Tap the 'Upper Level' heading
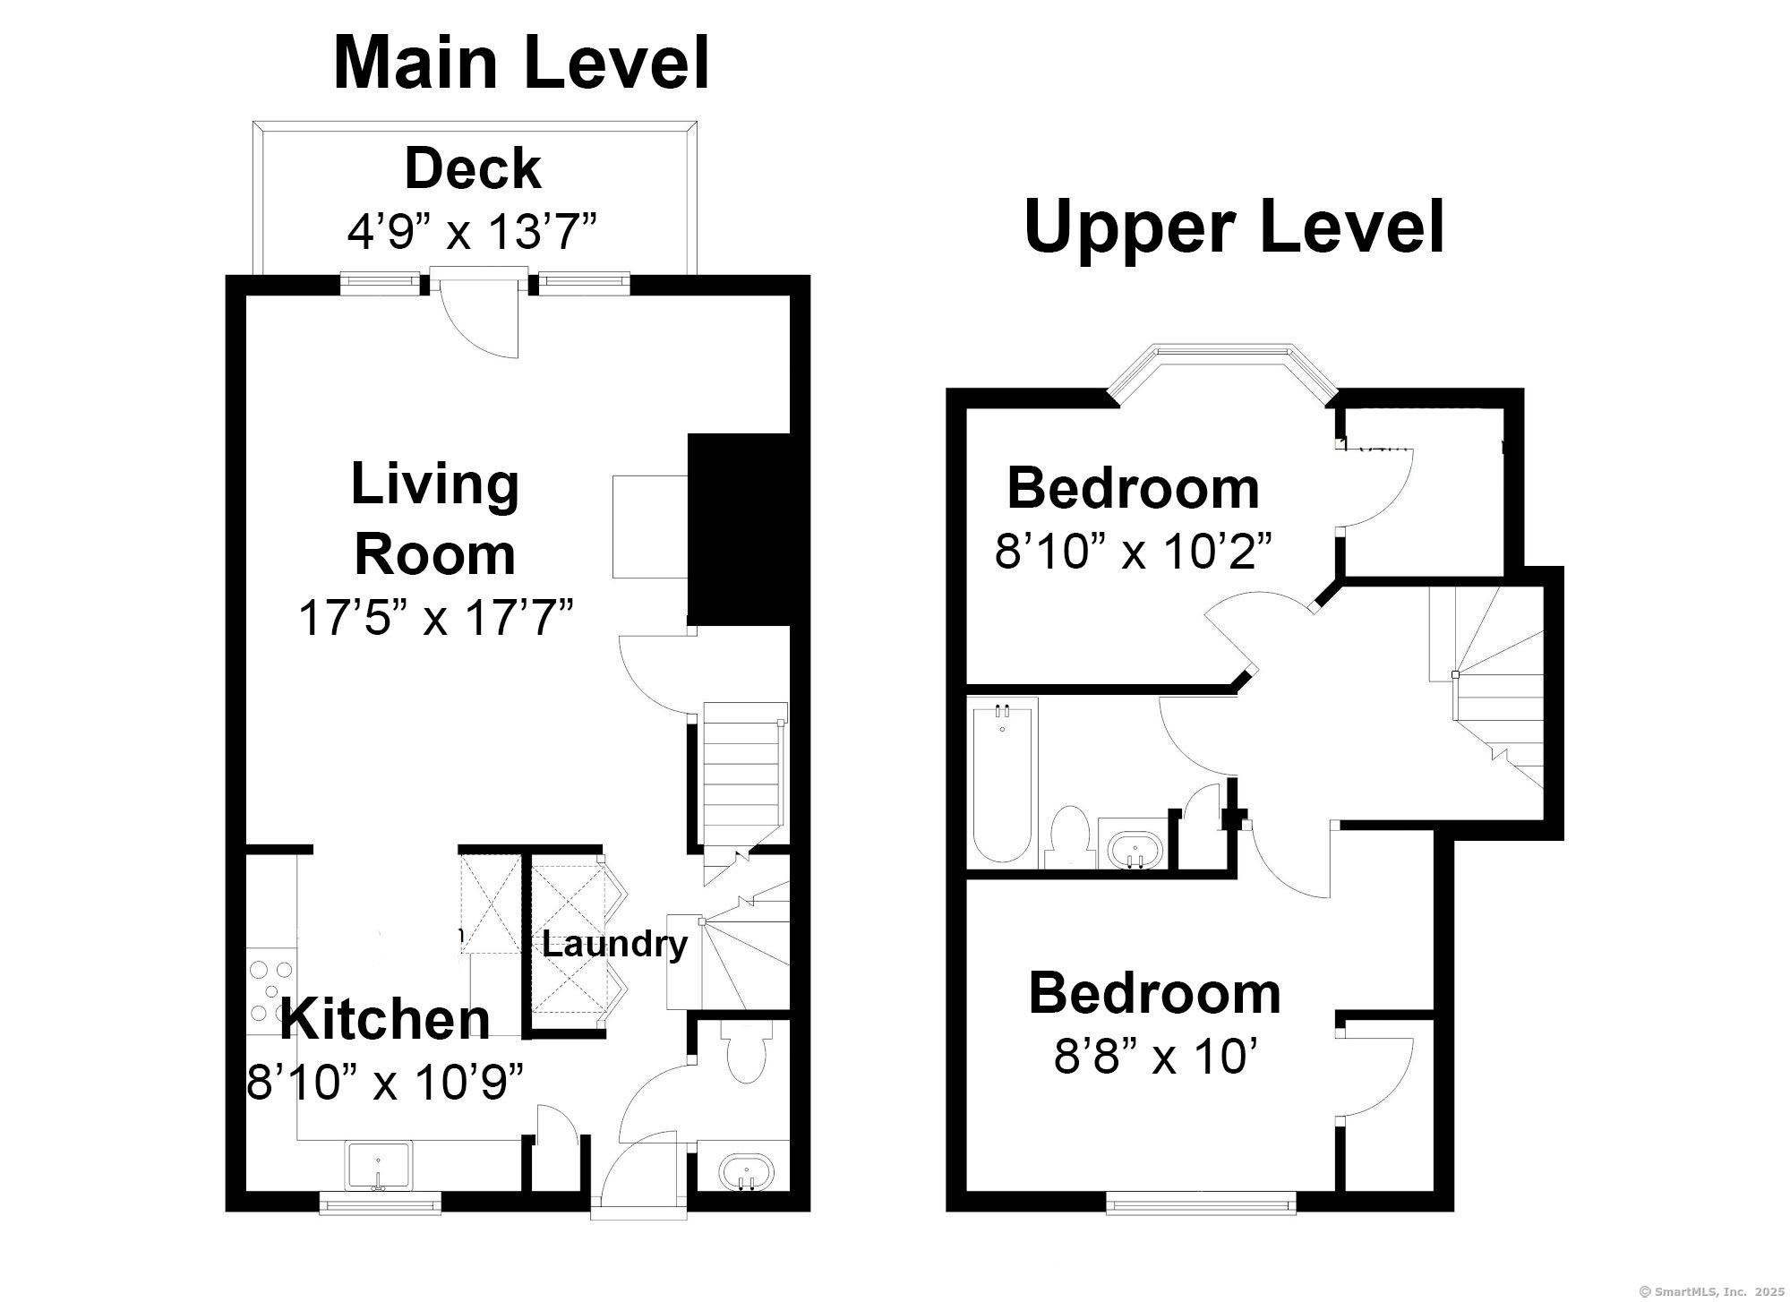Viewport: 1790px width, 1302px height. pyautogui.click(x=1234, y=227)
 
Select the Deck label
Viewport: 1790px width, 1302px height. pyautogui.click(x=473, y=168)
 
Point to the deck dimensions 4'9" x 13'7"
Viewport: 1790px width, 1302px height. pyautogui.click(x=472, y=232)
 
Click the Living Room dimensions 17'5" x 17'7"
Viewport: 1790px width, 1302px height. pyautogui.click(x=435, y=617)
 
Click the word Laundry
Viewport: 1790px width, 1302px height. pyautogui.click(x=614, y=945)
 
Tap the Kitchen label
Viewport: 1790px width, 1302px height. pyautogui.click(x=385, y=1019)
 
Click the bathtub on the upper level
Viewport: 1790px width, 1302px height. pyautogui.click(x=1003, y=782)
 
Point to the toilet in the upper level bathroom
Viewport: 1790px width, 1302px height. pyautogui.click(x=1067, y=836)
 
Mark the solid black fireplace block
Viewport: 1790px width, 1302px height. pyautogui.click(x=738, y=529)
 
